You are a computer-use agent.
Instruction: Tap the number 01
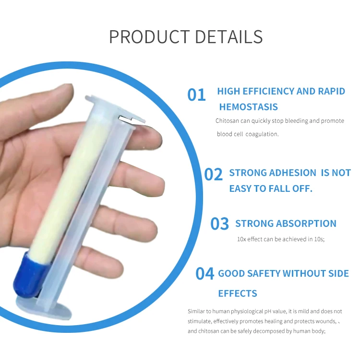coord(196,95)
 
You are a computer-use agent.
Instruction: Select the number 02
coord(214,175)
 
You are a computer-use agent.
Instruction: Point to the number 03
coord(220,224)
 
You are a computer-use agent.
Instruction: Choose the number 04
coord(204,274)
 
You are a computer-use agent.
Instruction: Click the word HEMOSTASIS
coord(248,107)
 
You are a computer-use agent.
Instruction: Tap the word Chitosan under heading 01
coord(226,121)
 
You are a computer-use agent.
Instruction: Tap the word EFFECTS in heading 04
coord(238,294)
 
